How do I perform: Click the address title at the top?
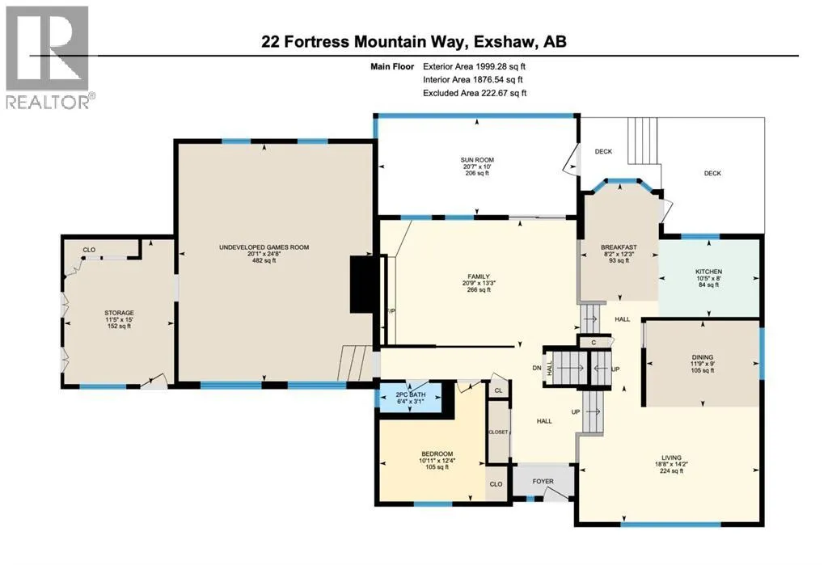tap(414, 42)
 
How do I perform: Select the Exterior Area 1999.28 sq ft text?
tap(474, 66)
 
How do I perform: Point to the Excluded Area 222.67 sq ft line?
tap(475, 93)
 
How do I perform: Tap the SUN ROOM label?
tap(477, 160)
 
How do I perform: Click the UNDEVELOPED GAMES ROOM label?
tap(264, 247)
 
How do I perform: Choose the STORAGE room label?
tap(119, 313)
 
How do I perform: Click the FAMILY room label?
tap(479, 276)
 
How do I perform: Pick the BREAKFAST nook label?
tap(619, 247)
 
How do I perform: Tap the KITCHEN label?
tap(708, 272)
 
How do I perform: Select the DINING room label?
tap(703, 357)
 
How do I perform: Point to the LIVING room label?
tap(671, 457)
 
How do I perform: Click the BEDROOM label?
tap(437, 454)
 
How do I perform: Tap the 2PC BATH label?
tap(410, 394)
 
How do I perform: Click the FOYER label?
tap(543, 482)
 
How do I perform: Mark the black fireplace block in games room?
tap(361, 285)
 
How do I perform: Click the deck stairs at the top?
tap(642, 141)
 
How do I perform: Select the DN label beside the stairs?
tap(537, 368)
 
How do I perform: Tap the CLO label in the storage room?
tap(89, 250)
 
